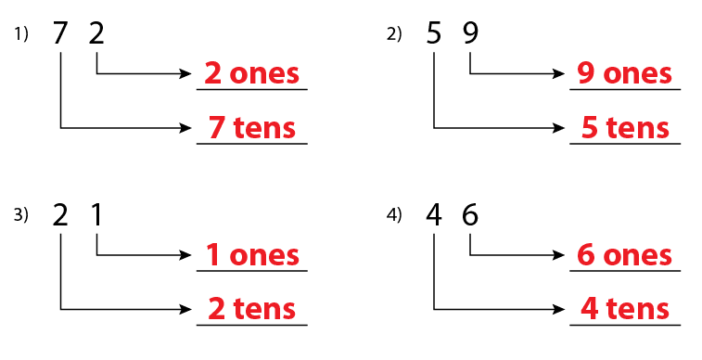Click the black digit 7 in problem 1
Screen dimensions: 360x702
point(60,34)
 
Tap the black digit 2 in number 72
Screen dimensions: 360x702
point(97,34)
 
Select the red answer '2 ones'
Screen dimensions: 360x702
point(251,74)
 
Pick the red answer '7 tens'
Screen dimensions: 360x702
point(251,128)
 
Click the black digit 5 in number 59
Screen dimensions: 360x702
point(434,34)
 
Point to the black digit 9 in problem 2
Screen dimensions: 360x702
point(470,34)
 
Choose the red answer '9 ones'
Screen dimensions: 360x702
point(625,74)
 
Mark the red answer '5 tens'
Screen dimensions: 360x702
point(625,128)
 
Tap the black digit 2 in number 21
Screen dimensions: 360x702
point(60,215)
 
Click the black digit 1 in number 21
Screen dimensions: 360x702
point(97,215)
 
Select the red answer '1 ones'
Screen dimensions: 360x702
point(251,255)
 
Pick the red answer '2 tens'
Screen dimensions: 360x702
point(251,308)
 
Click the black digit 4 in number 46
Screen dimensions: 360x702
point(434,215)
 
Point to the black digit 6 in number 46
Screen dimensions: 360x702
point(470,215)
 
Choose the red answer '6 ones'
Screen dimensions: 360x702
point(625,255)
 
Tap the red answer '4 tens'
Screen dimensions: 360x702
point(625,308)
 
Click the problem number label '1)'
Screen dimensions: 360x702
point(21,35)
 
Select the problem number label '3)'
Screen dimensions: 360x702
point(21,215)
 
